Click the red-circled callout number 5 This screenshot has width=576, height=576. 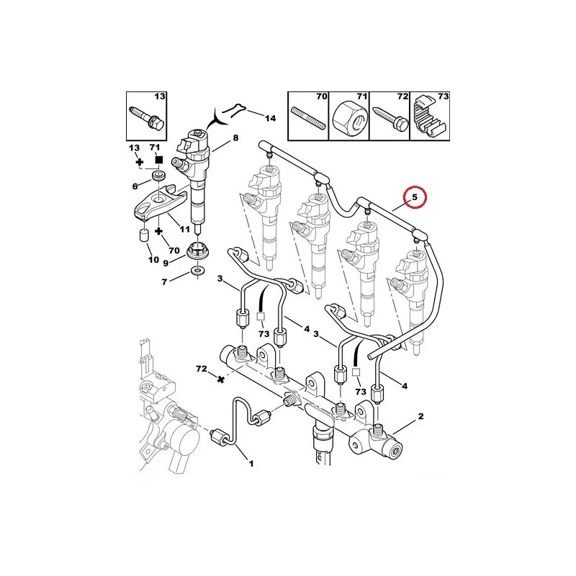(415, 197)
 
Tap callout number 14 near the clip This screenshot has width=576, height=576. (270, 118)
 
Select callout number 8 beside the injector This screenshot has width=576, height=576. (235, 138)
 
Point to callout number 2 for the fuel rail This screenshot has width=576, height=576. (421, 416)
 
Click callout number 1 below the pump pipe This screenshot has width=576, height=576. (251, 464)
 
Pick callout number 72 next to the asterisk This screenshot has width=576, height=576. (202, 369)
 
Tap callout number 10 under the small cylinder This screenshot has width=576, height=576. (154, 260)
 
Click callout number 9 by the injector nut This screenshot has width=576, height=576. (166, 263)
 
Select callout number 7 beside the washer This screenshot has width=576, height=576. (164, 282)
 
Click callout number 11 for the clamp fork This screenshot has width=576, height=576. (185, 229)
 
